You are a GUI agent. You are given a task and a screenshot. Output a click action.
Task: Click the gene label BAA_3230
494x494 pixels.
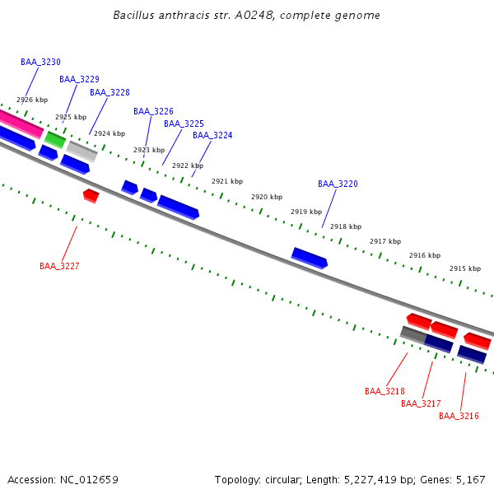click(40, 62)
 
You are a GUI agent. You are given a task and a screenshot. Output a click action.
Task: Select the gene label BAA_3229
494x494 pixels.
click(79, 79)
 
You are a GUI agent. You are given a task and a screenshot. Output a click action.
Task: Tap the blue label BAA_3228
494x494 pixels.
click(110, 92)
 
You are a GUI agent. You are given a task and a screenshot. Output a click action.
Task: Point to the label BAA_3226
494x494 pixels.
click(153, 111)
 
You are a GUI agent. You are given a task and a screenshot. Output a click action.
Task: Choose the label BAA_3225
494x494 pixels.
click(184, 123)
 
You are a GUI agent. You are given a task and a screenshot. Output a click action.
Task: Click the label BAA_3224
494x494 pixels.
click(212, 135)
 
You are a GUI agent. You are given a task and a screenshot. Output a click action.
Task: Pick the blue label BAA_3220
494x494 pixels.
click(338, 184)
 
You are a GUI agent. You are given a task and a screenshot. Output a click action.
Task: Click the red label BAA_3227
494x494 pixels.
click(59, 266)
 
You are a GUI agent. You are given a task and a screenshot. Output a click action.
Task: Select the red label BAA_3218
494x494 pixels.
click(384, 391)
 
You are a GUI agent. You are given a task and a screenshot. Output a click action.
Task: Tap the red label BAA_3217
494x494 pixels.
click(421, 403)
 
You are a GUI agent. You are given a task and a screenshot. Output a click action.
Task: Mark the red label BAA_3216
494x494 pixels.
click(459, 416)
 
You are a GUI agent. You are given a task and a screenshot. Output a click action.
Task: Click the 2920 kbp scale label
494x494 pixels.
click(267, 197)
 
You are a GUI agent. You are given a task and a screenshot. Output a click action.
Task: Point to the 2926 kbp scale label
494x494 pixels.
click(32, 100)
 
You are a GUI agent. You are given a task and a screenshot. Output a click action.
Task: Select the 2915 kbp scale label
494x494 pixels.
click(464, 268)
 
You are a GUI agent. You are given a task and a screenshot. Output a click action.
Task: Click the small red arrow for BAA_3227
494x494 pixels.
click(91, 195)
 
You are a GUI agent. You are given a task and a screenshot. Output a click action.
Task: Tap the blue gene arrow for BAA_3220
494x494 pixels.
click(310, 258)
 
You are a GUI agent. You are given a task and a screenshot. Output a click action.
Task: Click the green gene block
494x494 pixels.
click(55, 138)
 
